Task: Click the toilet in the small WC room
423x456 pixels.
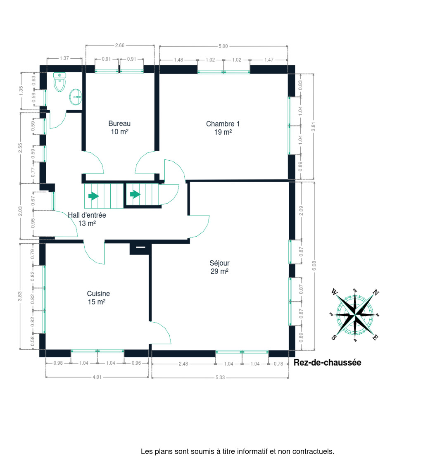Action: click(59, 82)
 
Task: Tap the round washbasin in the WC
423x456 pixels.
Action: click(76, 97)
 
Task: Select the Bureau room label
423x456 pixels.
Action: click(119, 128)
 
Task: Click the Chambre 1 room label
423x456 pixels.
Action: click(223, 128)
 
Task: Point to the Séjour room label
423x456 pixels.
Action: click(219, 267)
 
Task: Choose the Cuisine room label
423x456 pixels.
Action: click(98, 297)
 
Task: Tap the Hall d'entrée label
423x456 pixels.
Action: click(87, 219)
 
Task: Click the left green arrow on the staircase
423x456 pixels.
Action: click(93, 196)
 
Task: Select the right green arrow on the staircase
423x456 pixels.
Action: click(135, 194)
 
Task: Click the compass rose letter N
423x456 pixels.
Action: click(375, 292)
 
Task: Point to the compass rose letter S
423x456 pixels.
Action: click(334, 337)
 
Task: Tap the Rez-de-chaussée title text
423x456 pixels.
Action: click(327, 363)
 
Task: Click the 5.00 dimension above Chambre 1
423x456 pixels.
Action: click(223, 46)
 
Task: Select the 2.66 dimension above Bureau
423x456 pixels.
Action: click(119, 45)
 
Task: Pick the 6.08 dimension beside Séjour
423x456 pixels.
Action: click(314, 266)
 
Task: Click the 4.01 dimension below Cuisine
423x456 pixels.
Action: click(97, 377)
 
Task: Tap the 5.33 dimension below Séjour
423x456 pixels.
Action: click(220, 378)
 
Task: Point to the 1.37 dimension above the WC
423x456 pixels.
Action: click(64, 58)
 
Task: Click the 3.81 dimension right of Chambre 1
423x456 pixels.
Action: click(313, 126)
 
